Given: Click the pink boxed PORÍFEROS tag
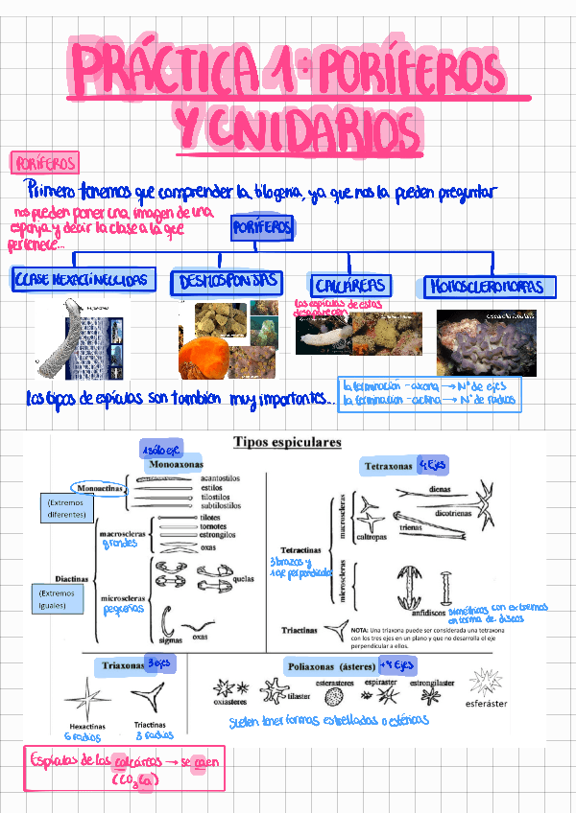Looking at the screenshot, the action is pyautogui.click(x=43, y=162).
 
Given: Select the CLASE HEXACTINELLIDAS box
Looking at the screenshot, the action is pyautogui.click(x=84, y=280).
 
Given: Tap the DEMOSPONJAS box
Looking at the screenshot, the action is pyautogui.click(x=227, y=282).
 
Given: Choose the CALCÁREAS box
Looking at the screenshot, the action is pyautogui.click(x=350, y=285).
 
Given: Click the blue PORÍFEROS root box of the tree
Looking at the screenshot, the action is pyautogui.click(x=262, y=228).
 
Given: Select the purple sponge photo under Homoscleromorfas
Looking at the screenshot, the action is pyautogui.click(x=486, y=343).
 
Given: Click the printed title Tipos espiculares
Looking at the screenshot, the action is pyautogui.click(x=287, y=443).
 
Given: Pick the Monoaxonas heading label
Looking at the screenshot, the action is pyautogui.click(x=176, y=465).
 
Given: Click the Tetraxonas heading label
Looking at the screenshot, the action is pyautogui.click(x=388, y=466).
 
